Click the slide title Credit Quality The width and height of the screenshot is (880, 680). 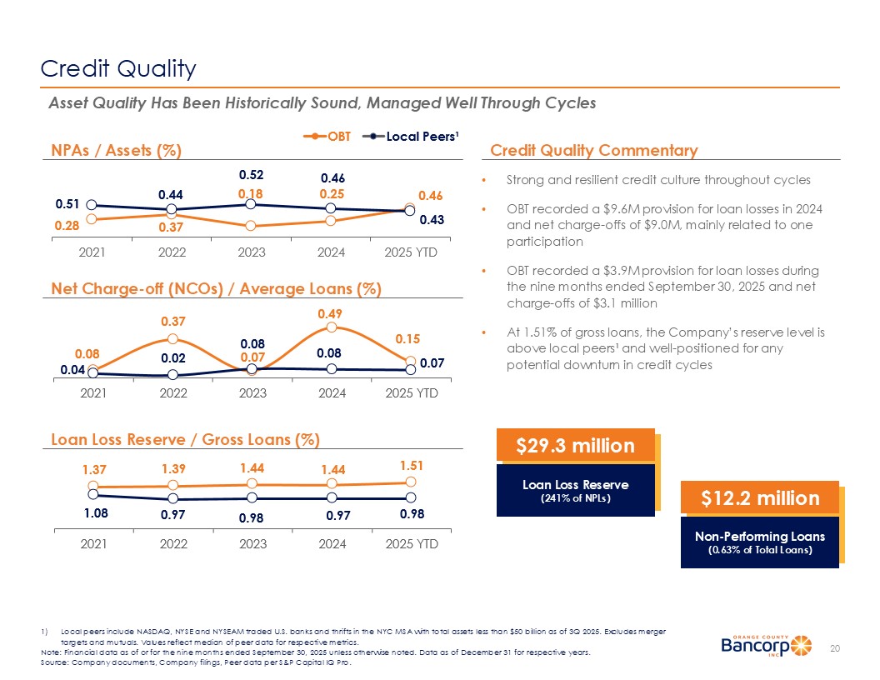118,68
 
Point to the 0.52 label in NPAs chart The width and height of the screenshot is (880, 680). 252,176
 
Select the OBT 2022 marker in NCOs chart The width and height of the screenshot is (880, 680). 172,338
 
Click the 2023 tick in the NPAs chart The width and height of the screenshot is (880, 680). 252,251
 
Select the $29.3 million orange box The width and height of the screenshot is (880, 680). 575,446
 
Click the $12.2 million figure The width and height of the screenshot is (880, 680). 759,498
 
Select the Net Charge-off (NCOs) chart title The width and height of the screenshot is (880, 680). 216,289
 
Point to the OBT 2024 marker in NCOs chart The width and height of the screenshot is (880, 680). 332,327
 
